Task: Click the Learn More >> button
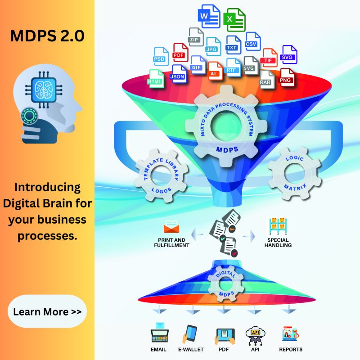[x=47, y=311]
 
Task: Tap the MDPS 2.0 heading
[x=47, y=36]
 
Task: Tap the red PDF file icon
[x=180, y=53]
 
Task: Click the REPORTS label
[x=291, y=350]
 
